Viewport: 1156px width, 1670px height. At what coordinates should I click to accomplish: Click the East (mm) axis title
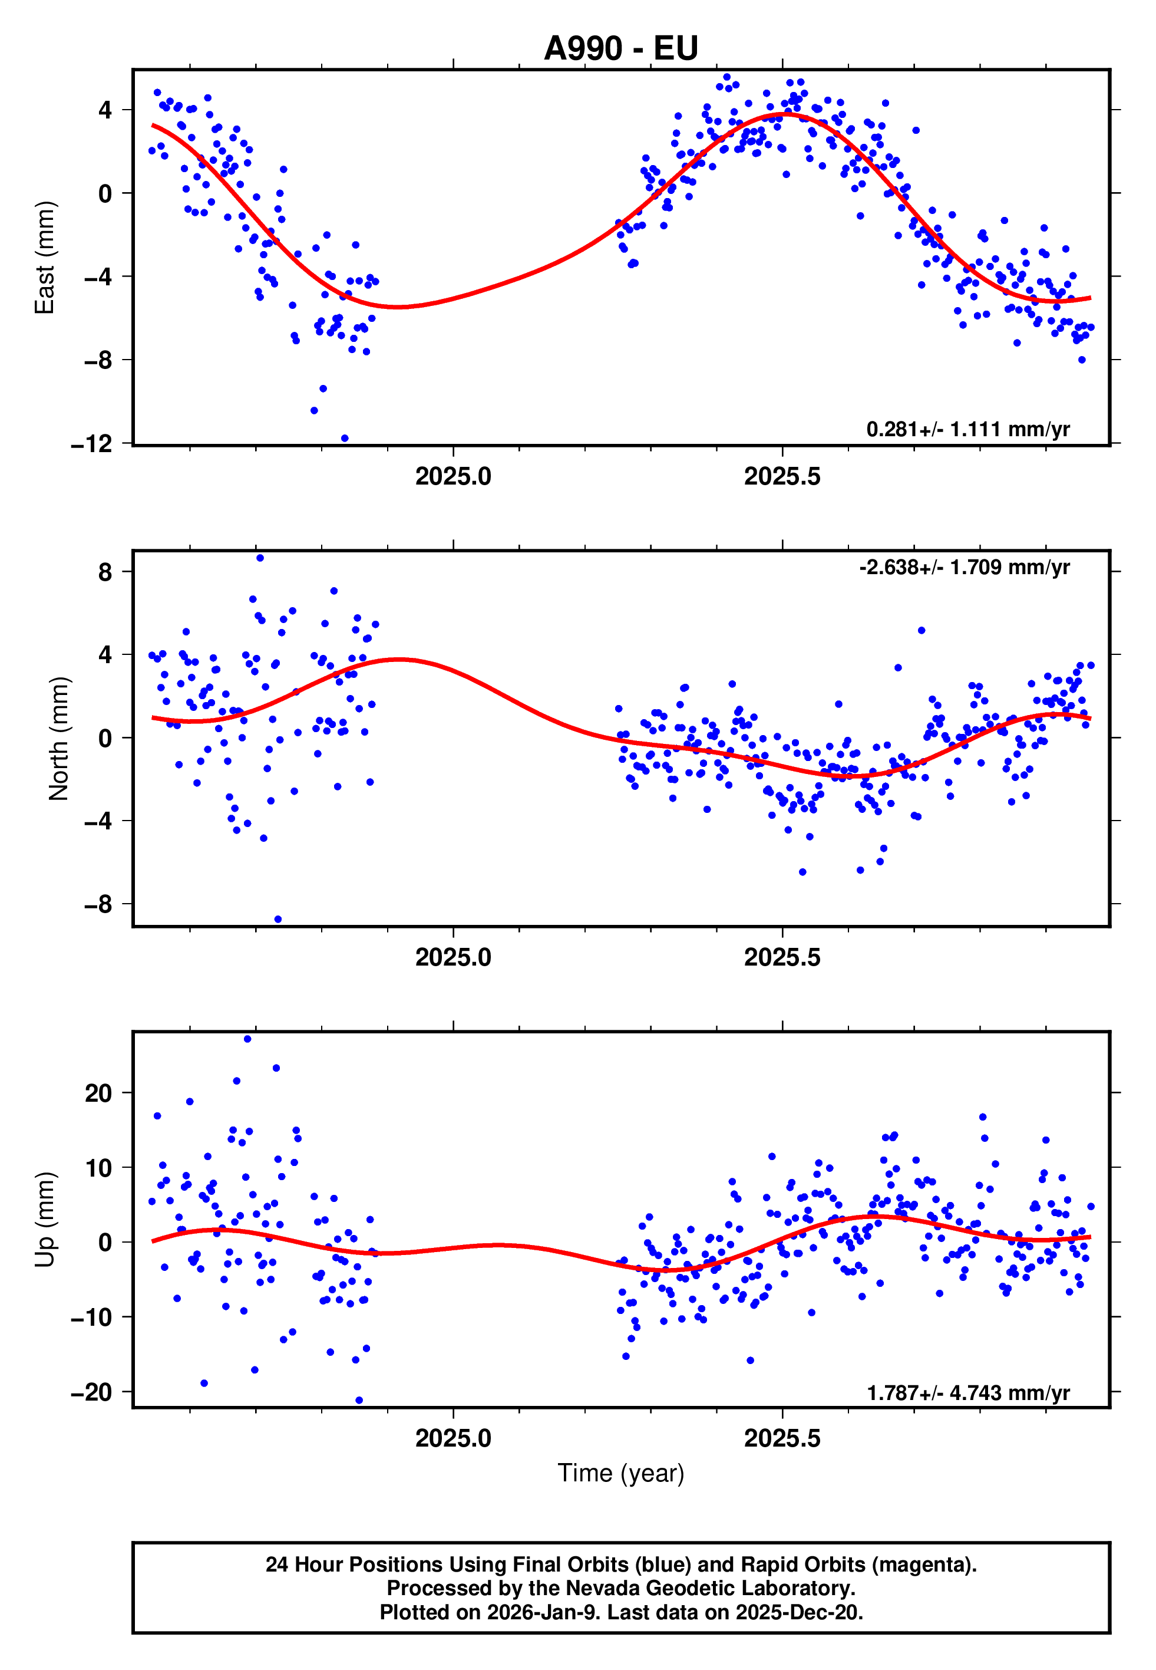pyautogui.click(x=45, y=257)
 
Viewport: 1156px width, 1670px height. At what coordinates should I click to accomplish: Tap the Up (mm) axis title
pyautogui.click(x=45, y=1220)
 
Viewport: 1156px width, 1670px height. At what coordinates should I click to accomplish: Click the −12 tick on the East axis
pyautogui.click(x=91, y=444)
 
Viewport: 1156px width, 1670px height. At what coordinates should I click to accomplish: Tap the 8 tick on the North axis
pyautogui.click(x=105, y=572)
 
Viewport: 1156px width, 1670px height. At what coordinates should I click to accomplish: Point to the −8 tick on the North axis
pyautogui.click(x=98, y=904)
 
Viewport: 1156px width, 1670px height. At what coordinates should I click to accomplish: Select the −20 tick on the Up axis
pyautogui.click(x=91, y=1392)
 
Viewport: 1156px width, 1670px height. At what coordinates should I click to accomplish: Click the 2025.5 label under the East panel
pyautogui.click(x=782, y=477)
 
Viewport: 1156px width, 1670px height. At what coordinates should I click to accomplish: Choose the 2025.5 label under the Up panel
pyautogui.click(x=782, y=1438)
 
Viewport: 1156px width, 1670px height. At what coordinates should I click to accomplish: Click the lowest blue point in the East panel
pyautogui.click(x=344, y=439)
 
